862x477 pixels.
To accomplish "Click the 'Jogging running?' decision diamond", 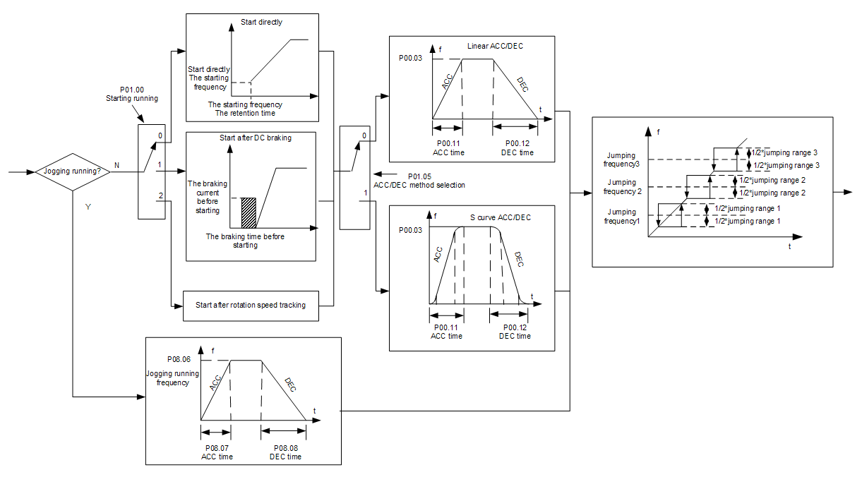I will coord(73,171).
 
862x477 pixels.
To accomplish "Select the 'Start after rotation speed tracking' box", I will coord(249,306).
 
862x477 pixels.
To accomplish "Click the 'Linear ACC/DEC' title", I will coord(495,47).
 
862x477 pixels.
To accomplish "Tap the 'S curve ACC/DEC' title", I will coord(500,217).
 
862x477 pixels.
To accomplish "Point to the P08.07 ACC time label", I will coord(217,452).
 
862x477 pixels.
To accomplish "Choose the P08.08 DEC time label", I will coord(285,452).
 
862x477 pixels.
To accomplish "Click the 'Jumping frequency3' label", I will coord(621,159).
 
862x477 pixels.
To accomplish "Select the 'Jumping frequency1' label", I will coord(621,216).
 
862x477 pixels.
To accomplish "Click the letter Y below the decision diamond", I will coord(87,207).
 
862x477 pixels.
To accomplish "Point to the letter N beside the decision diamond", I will coord(116,165).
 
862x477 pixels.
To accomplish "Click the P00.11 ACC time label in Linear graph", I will coord(447,148).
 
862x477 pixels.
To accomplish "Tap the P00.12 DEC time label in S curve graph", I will coord(515,332).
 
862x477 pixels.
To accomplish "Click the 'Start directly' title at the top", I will coord(261,22).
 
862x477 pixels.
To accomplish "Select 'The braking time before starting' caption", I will coord(245,241).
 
